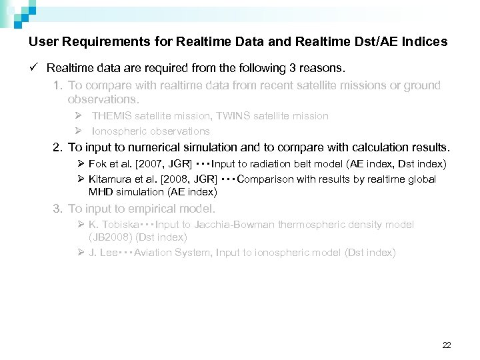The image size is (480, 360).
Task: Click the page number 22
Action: click(x=447, y=345)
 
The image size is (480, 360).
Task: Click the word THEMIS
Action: click(x=115, y=116)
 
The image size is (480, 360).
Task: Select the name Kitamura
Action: click(x=111, y=179)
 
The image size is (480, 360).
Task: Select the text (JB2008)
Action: click(x=111, y=237)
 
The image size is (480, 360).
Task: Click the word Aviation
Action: click(x=153, y=253)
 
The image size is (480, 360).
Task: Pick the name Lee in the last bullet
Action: click(x=108, y=253)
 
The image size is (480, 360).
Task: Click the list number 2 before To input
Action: click(x=58, y=147)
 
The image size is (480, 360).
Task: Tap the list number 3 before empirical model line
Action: click(x=58, y=209)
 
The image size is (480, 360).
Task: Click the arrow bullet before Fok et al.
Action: click(x=80, y=164)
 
